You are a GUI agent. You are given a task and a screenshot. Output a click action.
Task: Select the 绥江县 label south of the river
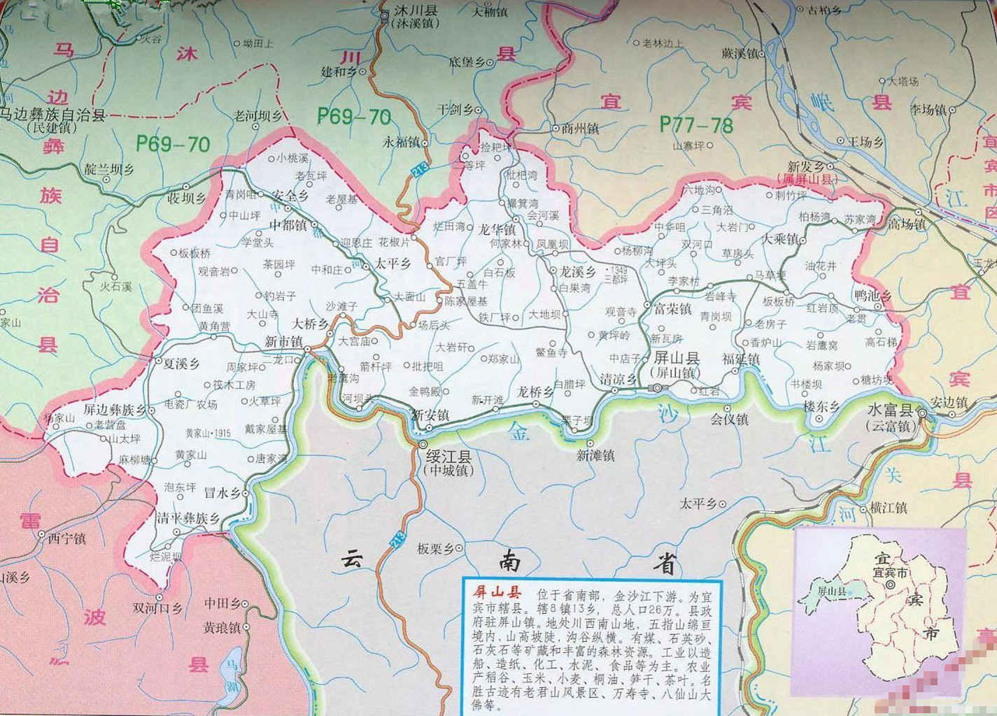tap(448, 457)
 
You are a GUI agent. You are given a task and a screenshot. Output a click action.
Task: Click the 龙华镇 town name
tap(496, 229)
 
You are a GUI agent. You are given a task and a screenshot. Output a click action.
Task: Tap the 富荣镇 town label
tap(672, 308)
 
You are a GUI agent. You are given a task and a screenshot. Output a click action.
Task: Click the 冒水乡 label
tap(222, 493)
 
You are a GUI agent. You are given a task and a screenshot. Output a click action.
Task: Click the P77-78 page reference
tap(696, 124)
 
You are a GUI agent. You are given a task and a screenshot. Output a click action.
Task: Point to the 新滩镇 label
tap(595, 455)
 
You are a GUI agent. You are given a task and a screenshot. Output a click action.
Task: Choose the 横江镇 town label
tap(889, 508)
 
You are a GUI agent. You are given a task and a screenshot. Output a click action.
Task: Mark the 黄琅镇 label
tap(222, 628)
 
